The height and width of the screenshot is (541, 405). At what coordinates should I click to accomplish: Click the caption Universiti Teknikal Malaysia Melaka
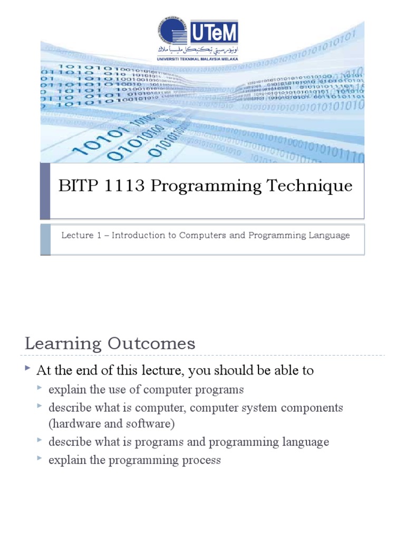[197, 59]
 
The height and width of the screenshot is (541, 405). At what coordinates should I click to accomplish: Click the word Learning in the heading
[63, 344]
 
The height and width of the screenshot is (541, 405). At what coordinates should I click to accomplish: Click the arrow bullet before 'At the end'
[28, 369]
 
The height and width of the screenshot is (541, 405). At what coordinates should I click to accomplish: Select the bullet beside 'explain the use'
[40, 389]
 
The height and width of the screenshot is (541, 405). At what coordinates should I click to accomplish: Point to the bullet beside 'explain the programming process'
[40, 459]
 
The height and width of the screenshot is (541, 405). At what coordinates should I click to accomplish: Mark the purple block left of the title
[45, 191]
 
